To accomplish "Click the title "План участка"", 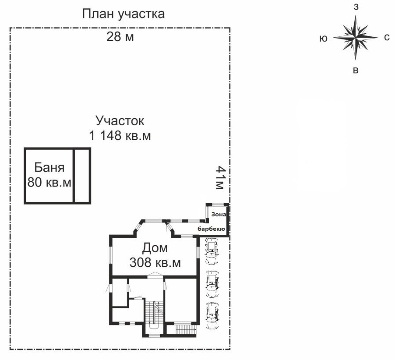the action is tap(123, 14).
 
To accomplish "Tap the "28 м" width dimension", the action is tap(120, 37).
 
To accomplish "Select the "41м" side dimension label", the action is tap(220, 177).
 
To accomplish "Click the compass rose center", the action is tap(356, 38).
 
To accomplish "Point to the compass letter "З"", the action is tap(356, 7).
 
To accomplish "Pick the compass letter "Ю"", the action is tap(324, 39).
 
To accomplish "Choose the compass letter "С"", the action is tap(387, 38).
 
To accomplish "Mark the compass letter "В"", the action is tap(356, 70).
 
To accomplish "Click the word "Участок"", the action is tap(120, 121).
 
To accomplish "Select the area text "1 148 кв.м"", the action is tap(120, 135).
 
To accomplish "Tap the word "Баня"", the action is tap(49, 168).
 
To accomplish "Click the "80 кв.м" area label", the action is tap(49, 182).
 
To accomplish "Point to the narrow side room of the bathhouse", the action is tap(82, 176).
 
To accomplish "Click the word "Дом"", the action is tap(155, 248).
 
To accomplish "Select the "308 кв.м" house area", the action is tap(155, 262).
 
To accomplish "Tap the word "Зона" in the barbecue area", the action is tap(219, 215).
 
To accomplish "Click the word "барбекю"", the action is tap(211, 229).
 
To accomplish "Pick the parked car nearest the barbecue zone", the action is tap(212, 251).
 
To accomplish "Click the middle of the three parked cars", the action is tap(212, 284).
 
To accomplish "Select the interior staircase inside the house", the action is tap(154, 313).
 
